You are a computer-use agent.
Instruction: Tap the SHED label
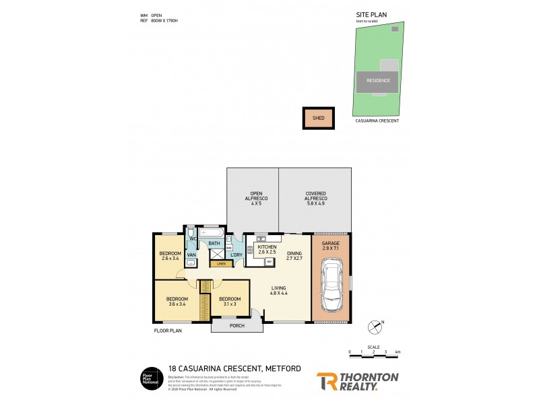pos(319,118)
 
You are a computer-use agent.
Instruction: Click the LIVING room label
pos(279,290)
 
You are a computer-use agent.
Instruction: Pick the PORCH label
pos(236,327)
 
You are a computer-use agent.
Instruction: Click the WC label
pos(192,239)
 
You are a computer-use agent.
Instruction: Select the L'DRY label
pos(236,255)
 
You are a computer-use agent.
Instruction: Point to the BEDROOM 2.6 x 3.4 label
pos(170,256)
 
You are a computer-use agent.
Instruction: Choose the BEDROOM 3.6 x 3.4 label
pos(178,302)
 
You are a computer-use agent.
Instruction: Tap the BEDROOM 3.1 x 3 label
pos(230,302)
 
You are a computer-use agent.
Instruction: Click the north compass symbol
pos(374,327)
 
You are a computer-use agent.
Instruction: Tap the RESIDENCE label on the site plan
pos(377,80)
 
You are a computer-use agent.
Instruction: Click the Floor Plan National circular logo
pos(149,378)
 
